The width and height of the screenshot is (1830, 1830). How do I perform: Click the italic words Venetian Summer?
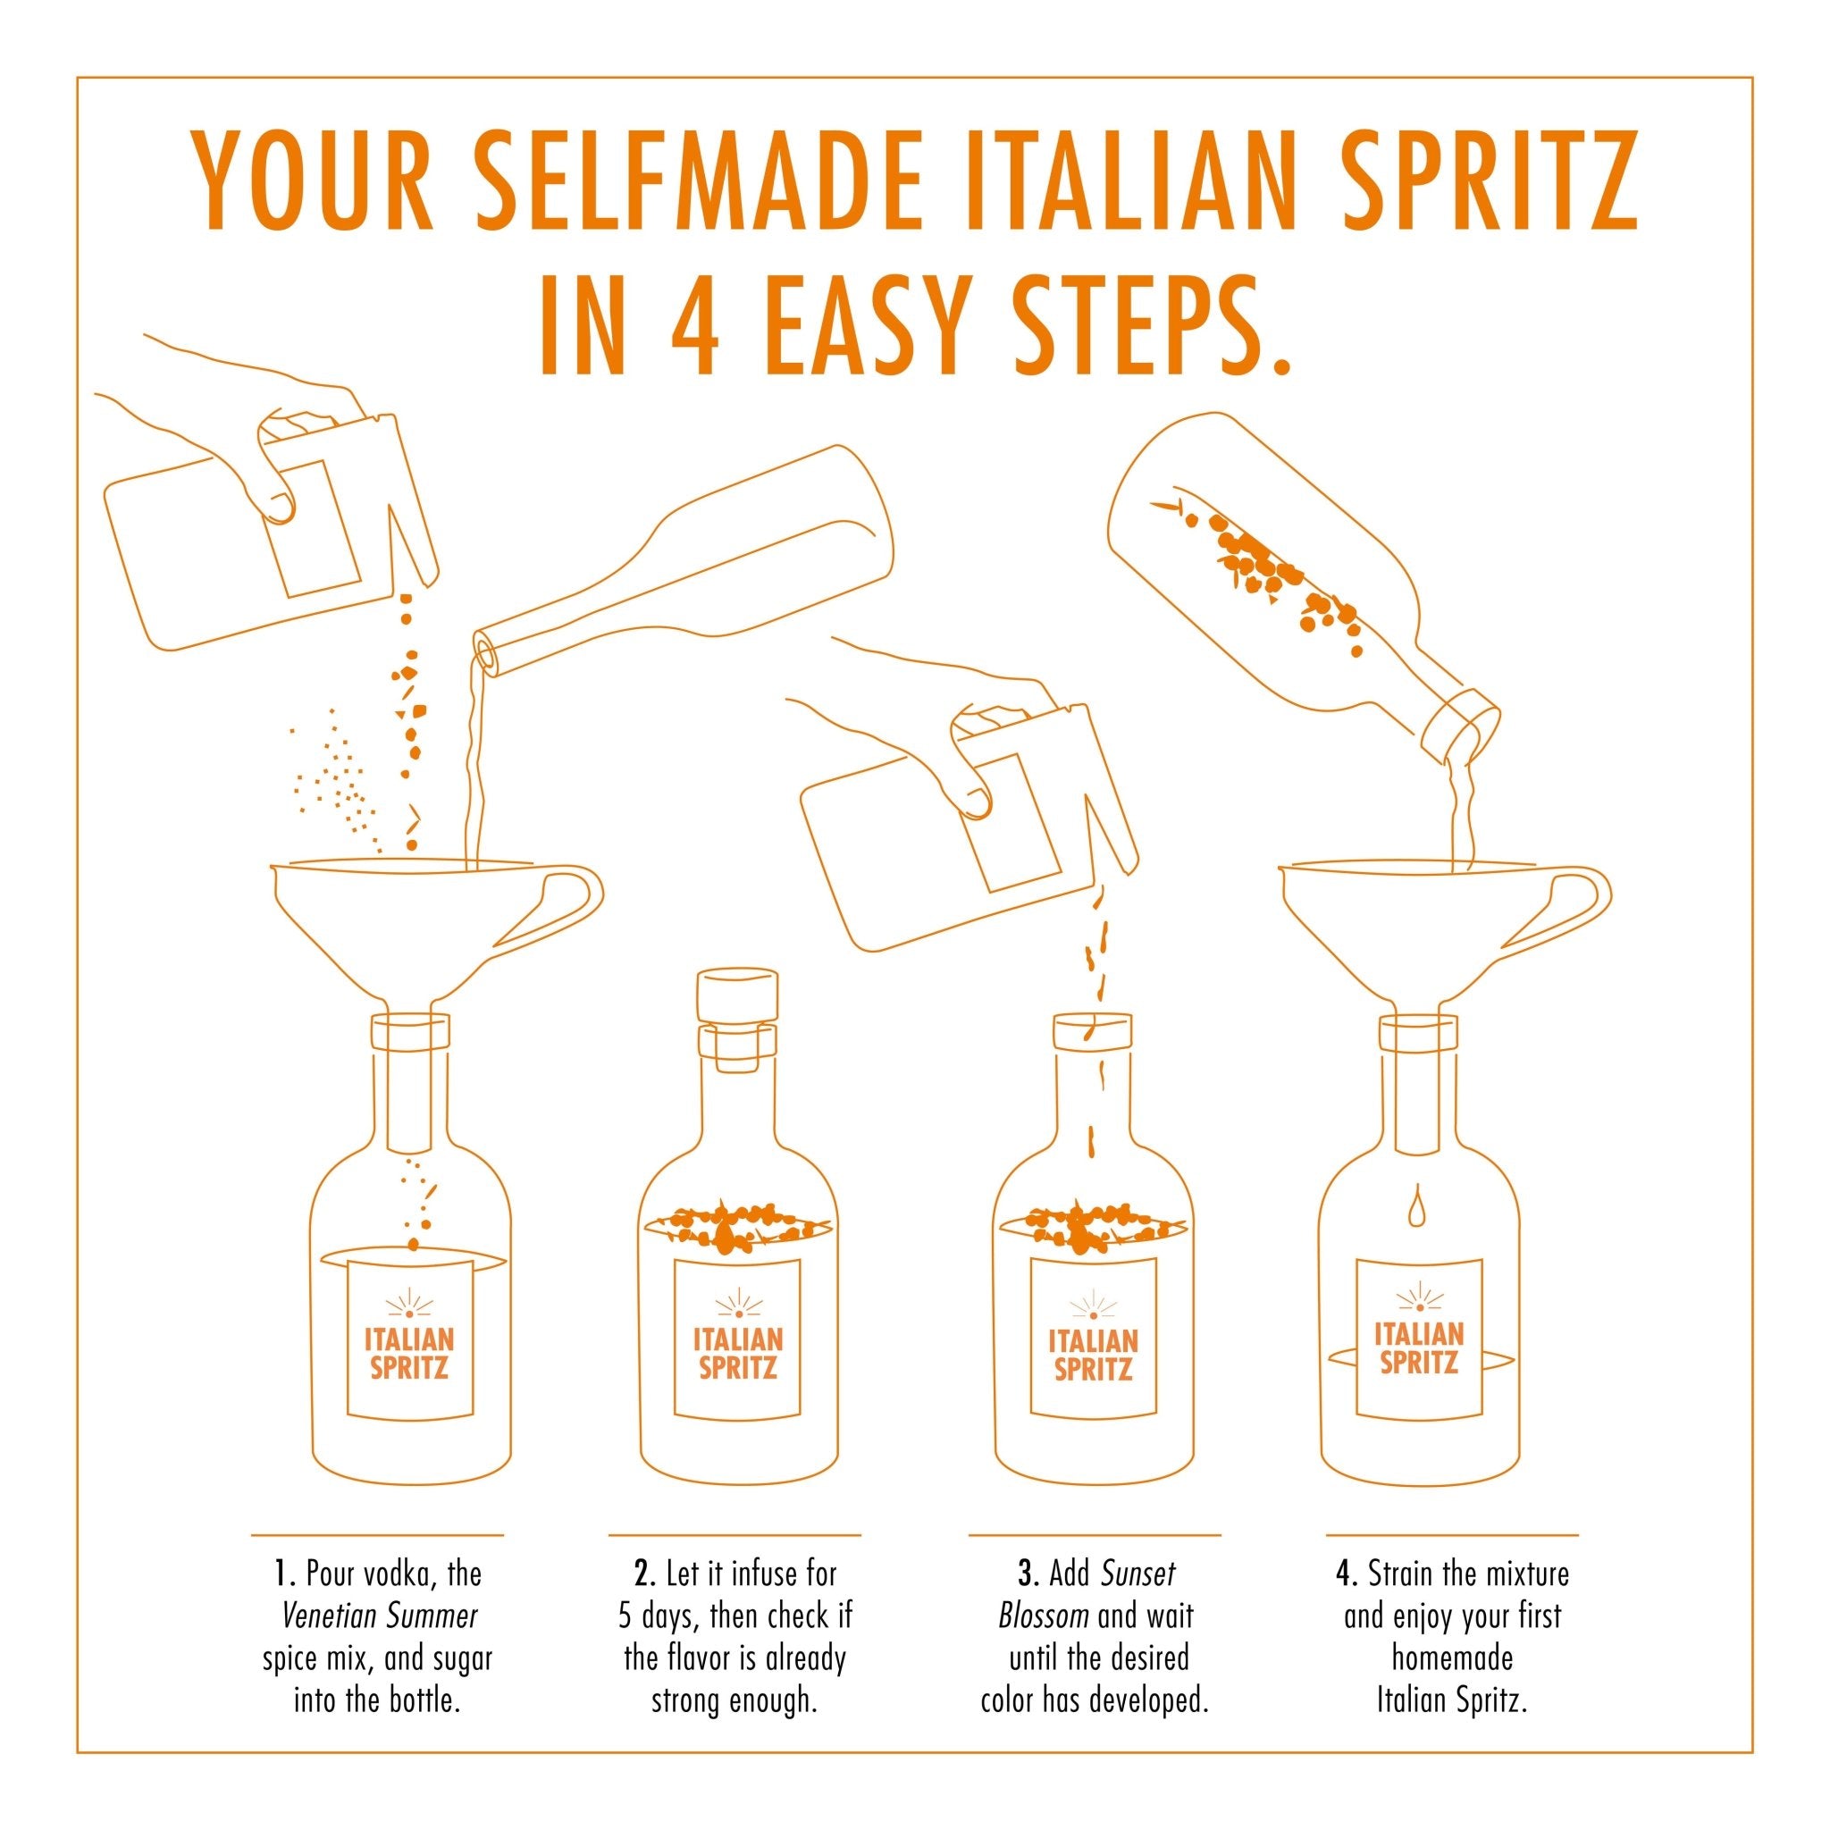[x=380, y=1616]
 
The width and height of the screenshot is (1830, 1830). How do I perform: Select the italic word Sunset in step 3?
[x=1137, y=1574]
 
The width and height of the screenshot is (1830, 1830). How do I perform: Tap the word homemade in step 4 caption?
[x=1451, y=1658]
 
